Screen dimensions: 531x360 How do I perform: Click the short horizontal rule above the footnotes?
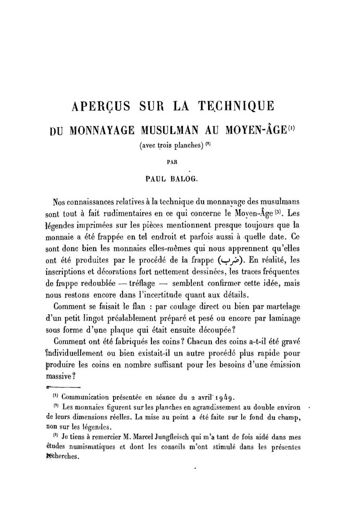pyautogui.click(x=61, y=388)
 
